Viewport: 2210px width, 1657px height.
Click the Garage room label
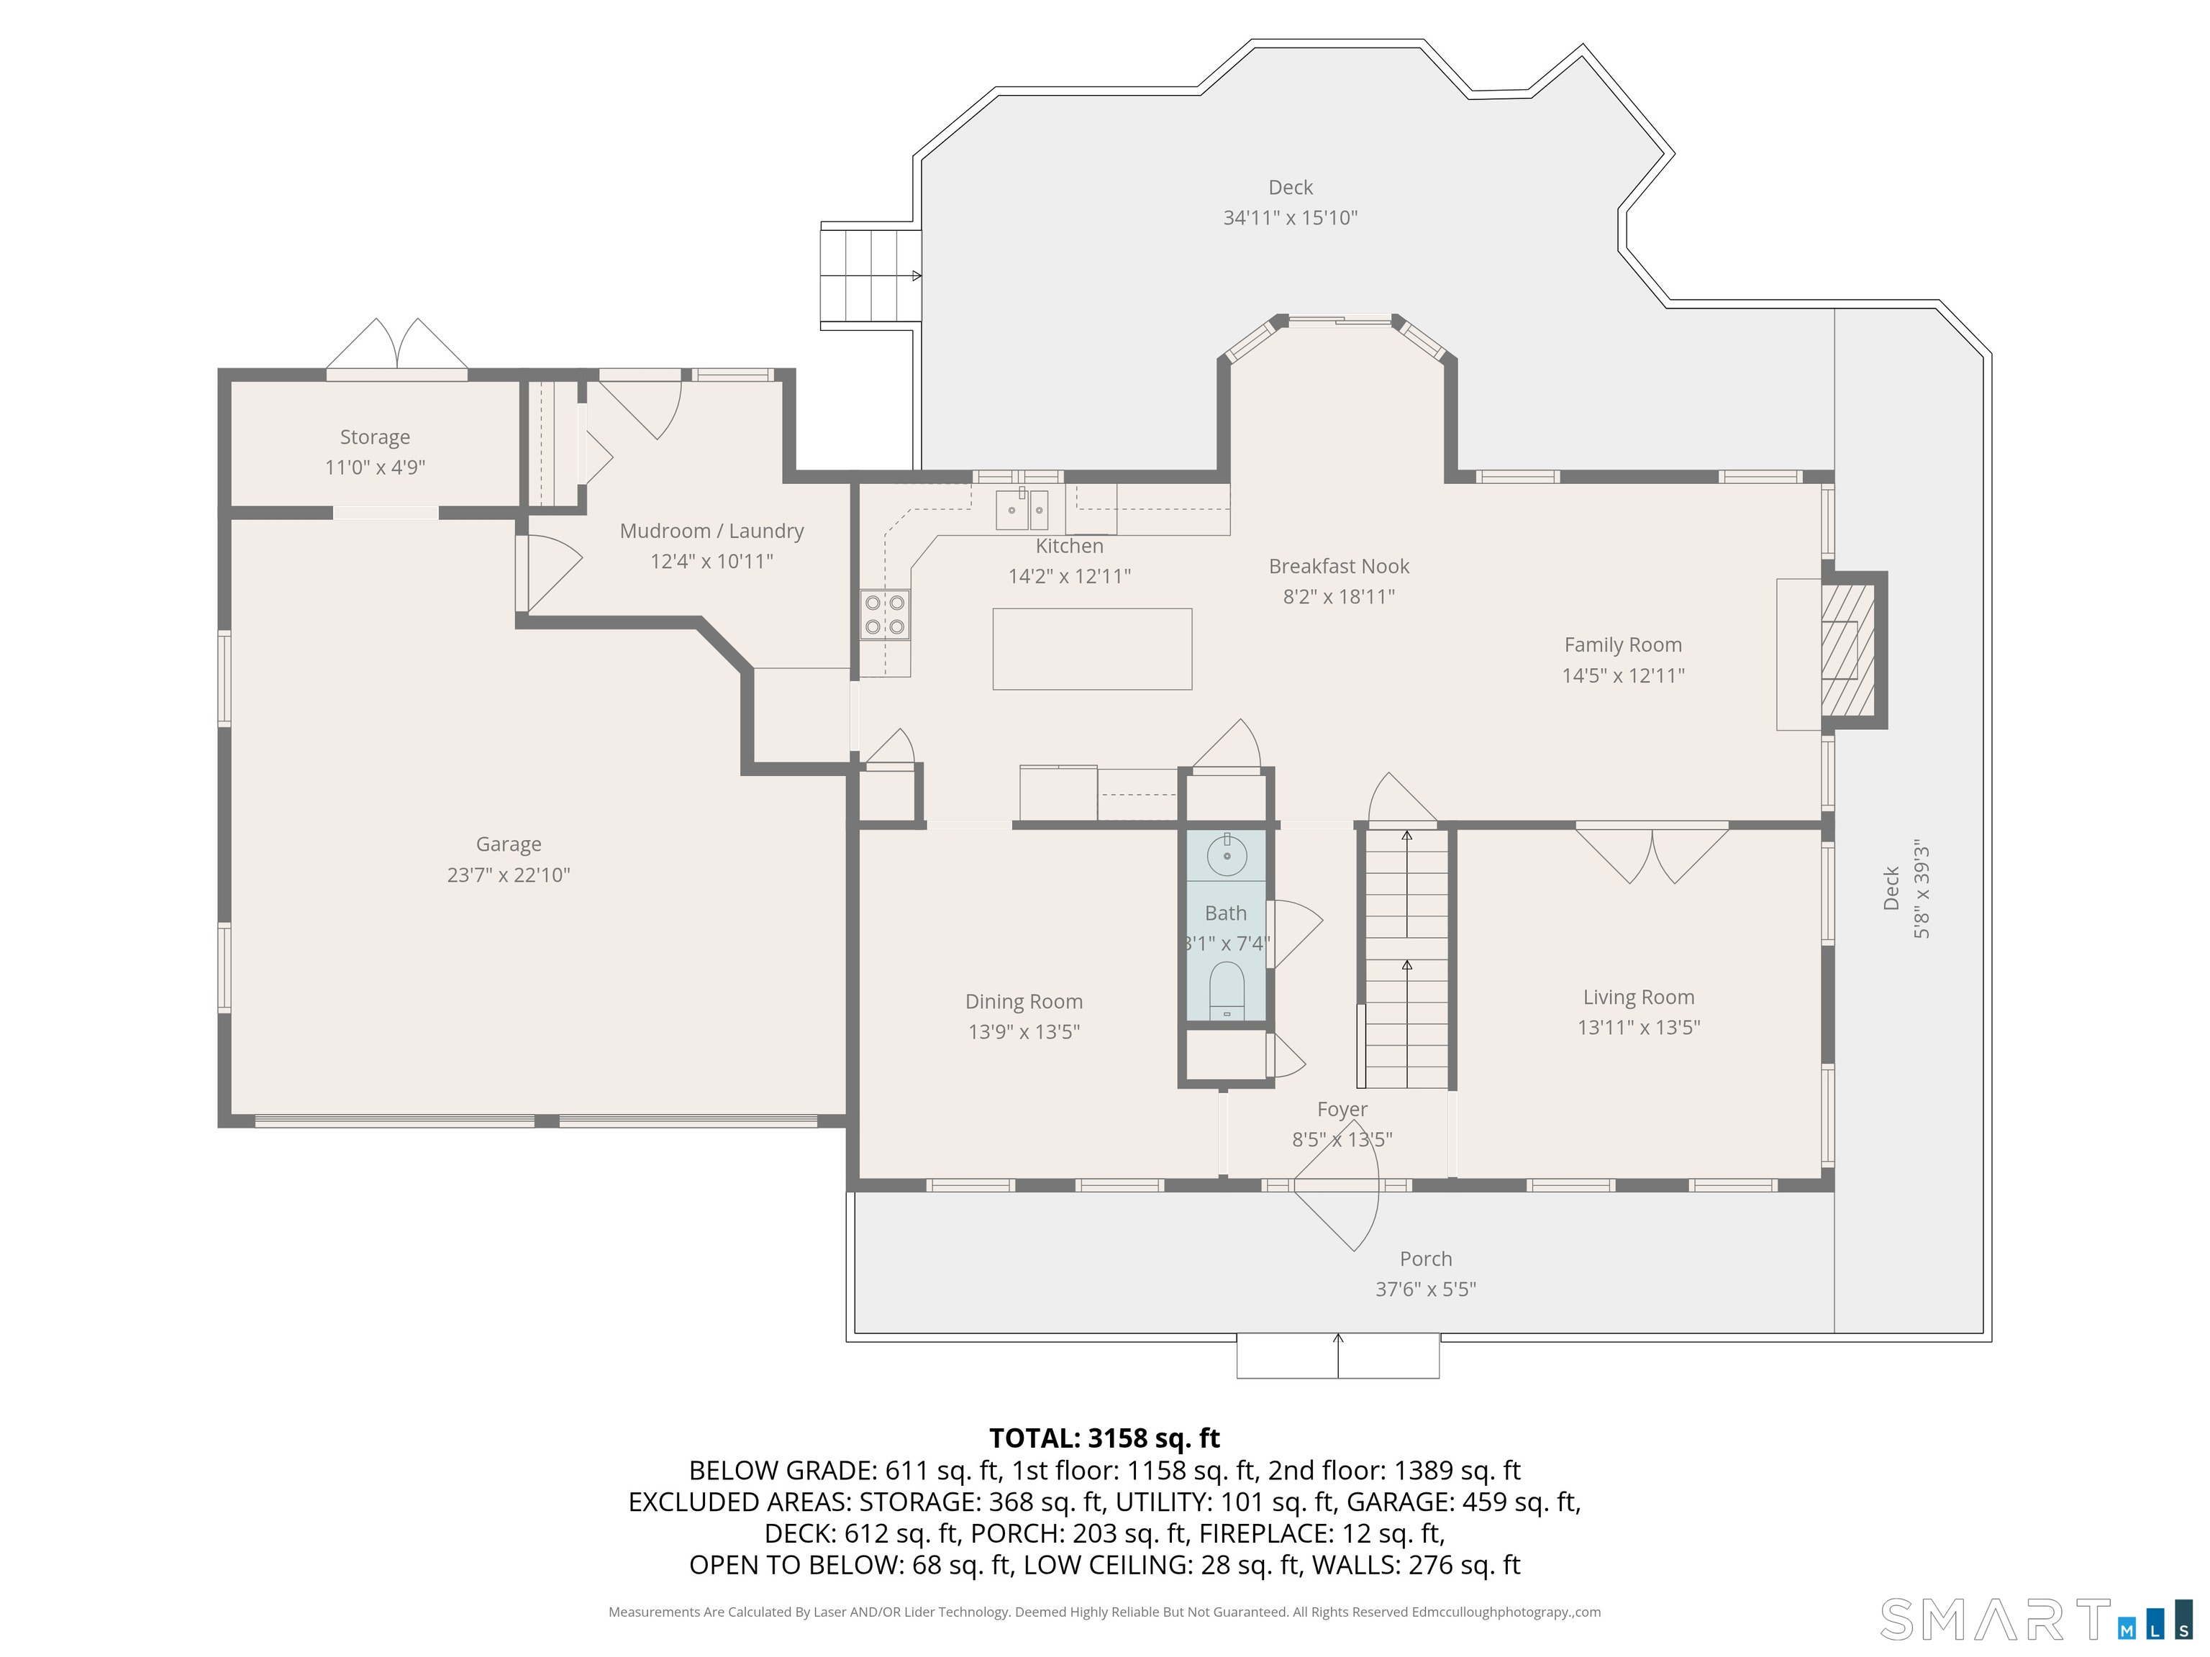pos(509,844)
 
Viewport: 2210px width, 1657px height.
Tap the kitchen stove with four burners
pos(885,614)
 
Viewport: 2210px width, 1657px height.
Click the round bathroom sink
pos(1227,855)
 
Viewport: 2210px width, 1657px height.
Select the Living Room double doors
pos(1652,853)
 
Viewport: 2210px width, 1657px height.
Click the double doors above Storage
pos(396,347)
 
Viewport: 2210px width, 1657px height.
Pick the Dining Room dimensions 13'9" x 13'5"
pos(1024,1032)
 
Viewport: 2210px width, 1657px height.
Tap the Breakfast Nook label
pos(1339,566)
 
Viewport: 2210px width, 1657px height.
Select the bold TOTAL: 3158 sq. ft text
pos(1104,1438)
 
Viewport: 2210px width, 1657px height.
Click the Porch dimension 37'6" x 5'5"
pos(1426,1289)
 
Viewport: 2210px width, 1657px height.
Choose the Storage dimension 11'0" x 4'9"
pos(375,467)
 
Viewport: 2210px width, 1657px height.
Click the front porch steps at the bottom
pos(1338,1356)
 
